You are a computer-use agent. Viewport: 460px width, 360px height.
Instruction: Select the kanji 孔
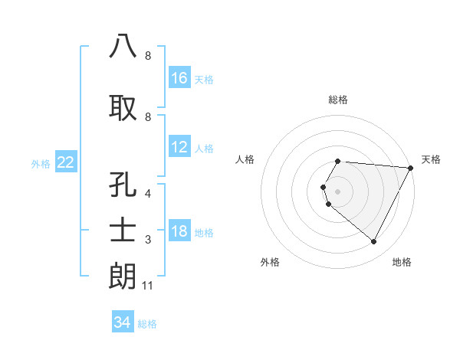[123, 186]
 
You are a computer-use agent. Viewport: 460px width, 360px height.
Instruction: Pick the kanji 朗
[123, 276]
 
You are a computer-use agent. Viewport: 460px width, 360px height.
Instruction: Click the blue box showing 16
[179, 78]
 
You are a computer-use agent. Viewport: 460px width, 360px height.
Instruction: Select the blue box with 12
[179, 147]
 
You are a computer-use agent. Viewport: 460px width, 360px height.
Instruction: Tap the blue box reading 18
[179, 232]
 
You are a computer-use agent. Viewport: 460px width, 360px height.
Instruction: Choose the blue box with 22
[66, 162]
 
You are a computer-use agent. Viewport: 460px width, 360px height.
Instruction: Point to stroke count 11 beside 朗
[148, 286]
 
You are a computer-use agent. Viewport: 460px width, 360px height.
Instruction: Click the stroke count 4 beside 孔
[148, 195]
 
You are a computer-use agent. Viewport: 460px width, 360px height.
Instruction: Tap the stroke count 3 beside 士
[148, 241]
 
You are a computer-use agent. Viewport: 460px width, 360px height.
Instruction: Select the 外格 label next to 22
[41, 163]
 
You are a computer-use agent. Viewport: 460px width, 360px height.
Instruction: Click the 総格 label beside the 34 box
[147, 324]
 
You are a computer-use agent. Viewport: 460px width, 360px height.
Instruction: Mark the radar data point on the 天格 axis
[411, 168]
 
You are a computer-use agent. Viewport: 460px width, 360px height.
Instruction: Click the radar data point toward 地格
[373, 242]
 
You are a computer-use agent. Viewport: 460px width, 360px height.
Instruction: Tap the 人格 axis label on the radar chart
[245, 159]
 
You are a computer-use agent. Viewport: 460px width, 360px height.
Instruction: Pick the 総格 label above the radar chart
[337, 100]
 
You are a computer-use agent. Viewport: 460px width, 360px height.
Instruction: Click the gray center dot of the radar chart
[337, 191]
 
